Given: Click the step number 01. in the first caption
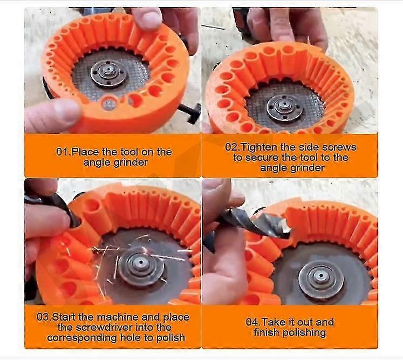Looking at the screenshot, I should pos(63,152).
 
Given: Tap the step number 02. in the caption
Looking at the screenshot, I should pos(233,147).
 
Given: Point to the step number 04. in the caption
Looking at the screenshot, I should pos(255,322).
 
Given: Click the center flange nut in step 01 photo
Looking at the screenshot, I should pos(109,73).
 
